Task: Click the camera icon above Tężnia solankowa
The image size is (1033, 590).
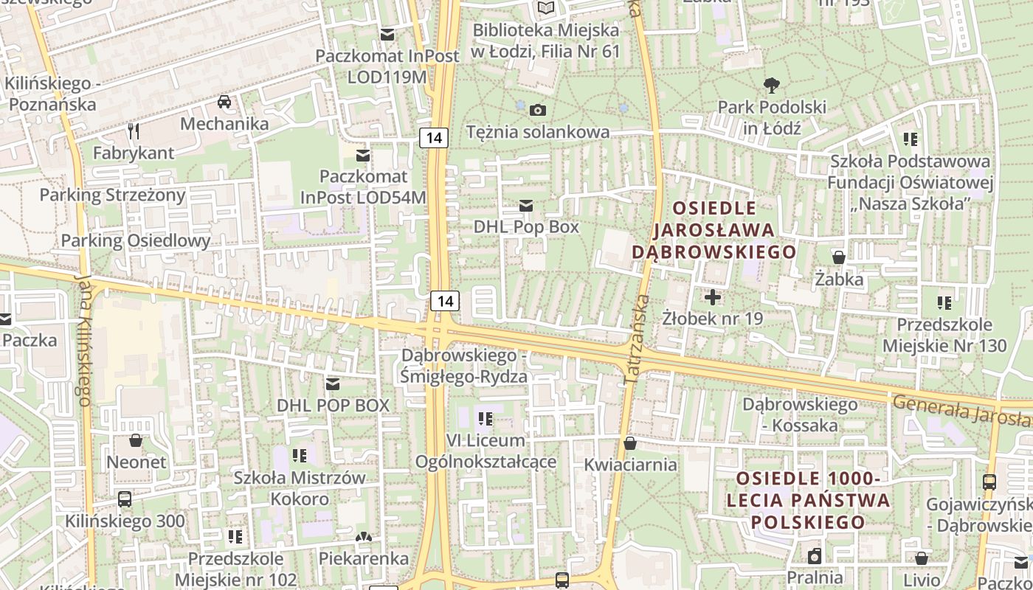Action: [x=539, y=110]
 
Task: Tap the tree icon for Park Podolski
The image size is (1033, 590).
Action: [x=772, y=85]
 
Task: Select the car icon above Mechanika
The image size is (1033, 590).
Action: [x=224, y=101]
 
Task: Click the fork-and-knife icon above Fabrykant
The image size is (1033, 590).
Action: [x=134, y=131]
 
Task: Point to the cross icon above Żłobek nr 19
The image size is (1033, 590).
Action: [x=713, y=297]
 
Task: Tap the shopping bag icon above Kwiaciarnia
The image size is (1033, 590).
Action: [x=629, y=442]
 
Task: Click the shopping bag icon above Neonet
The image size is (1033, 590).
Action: [x=136, y=440]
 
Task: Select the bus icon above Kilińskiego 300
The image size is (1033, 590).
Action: [x=125, y=499]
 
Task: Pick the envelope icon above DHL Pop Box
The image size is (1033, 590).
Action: [x=526, y=205]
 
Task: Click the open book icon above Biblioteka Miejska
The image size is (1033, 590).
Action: [x=545, y=8]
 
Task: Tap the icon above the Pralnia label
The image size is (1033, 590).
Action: [x=815, y=555]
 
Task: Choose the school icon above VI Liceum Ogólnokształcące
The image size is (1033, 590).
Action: [x=486, y=419]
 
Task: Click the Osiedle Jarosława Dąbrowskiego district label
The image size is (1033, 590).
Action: [x=714, y=230]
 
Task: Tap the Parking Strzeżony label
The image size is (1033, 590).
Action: [x=112, y=195]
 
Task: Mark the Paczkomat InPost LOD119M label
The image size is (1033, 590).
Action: [x=387, y=66]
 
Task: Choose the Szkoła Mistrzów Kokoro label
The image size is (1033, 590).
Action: [x=299, y=487]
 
